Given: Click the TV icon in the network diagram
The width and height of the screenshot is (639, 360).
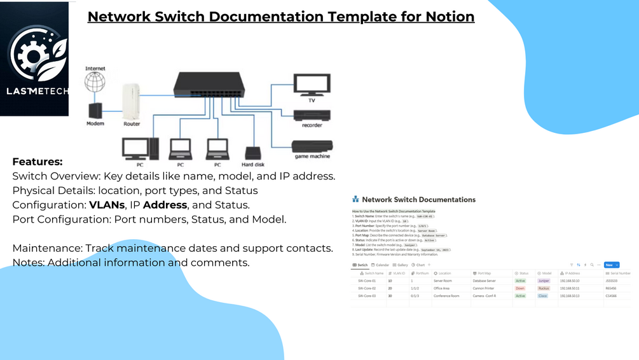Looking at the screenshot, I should pyautogui.click(x=312, y=85).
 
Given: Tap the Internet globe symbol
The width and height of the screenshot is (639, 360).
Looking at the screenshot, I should pyautogui.click(x=95, y=82).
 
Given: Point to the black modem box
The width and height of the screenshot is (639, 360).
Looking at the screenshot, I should pyautogui.click(x=95, y=110).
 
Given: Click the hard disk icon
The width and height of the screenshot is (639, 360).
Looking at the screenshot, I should pyautogui.click(x=252, y=153).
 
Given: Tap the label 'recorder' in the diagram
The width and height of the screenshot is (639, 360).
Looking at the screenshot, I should pyautogui.click(x=312, y=125).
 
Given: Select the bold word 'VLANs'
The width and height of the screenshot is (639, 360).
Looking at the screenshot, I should pyautogui.click(x=107, y=205).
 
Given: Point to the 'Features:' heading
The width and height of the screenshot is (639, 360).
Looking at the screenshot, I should pyautogui.click(x=38, y=162).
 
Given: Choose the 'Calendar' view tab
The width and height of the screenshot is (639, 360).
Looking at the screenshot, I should pyautogui.click(x=380, y=265).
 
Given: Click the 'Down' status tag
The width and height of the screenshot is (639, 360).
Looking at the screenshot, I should pyautogui.click(x=520, y=288).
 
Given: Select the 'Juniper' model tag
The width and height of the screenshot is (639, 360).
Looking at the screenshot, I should pyautogui.click(x=543, y=280).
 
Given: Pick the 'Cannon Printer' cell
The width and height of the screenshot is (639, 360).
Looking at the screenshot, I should pyautogui.click(x=483, y=288).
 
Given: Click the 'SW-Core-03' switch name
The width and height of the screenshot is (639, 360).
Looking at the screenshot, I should pyautogui.click(x=367, y=296).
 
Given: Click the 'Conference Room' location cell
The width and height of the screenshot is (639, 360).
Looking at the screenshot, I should pyautogui.click(x=446, y=296).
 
